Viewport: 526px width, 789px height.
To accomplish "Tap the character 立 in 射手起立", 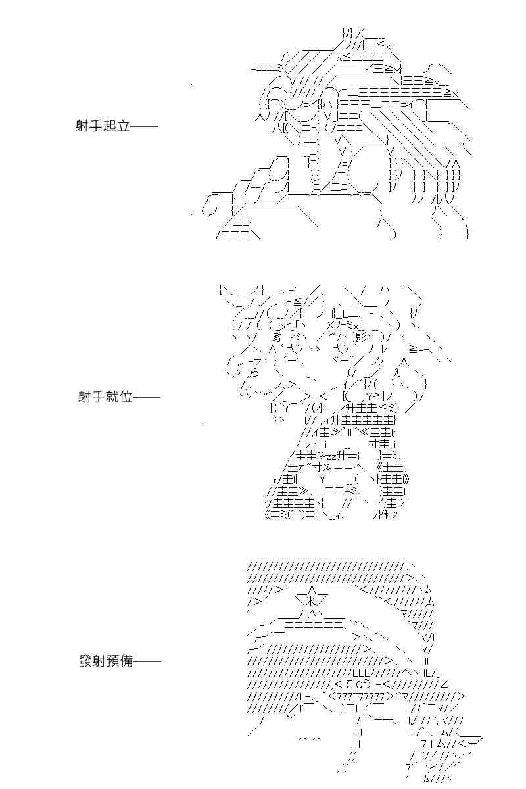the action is pyautogui.click(x=124, y=126).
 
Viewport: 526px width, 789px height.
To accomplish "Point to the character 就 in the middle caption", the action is pyautogui.click(x=112, y=397).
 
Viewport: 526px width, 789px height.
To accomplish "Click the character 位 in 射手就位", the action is pyautogui.click(x=126, y=397).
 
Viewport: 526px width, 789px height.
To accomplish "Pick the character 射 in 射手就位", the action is pyautogui.click(x=85, y=397).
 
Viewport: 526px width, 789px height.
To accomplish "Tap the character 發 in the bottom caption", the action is pyautogui.click(x=86, y=661).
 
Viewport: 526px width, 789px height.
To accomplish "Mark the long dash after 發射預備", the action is pyautogui.click(x=148, y=661).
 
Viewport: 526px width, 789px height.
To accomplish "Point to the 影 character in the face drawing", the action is pyautogui.click(x=360, y=337).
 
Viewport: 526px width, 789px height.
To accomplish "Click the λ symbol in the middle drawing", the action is pyautogui.click(x=396, y=373).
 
